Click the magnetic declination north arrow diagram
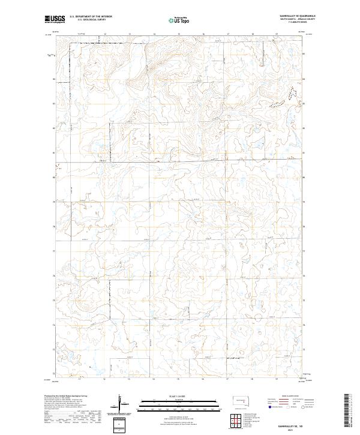tap(123, 403)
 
